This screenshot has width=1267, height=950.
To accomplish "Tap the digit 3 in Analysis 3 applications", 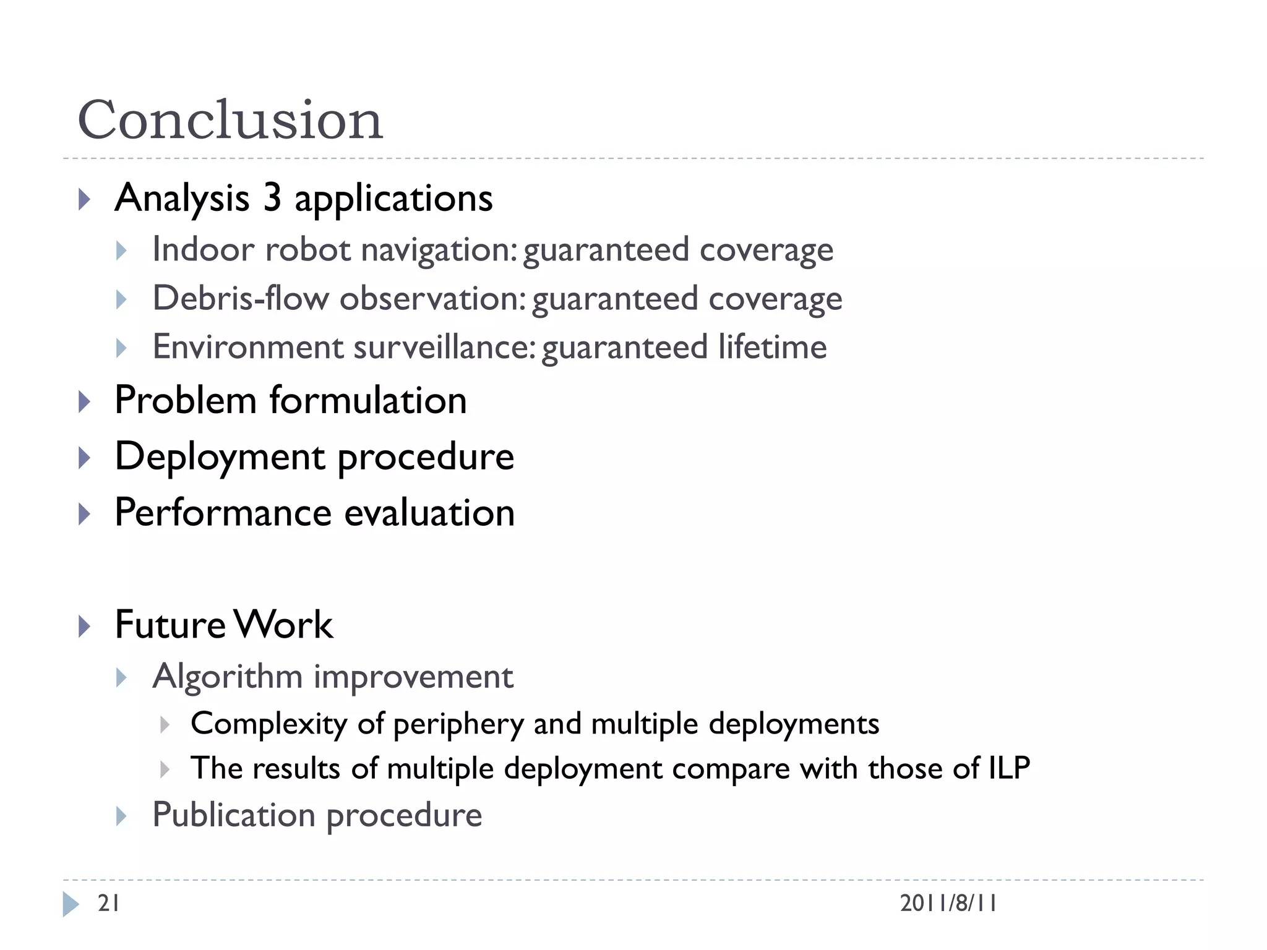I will tap(272, 198).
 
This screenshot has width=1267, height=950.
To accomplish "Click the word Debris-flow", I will tap(241, 298).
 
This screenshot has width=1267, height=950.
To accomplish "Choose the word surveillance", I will tap(444, 346).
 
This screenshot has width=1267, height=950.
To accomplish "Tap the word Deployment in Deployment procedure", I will tap(220, 458).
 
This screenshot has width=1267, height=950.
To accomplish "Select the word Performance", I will tap(223, 513).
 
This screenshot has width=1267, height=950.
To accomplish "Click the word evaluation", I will tap(429, 513).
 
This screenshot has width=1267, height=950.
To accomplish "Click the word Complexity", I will tap(269, 724).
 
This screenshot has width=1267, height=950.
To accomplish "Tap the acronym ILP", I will tap(1010, 768).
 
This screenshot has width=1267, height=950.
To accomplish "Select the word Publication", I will tap(234, 815).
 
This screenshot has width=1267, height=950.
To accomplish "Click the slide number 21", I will tap(109, 904).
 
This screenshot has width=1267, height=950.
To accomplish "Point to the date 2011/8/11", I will tap(948, 904).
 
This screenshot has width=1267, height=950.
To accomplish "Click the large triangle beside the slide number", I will tap(71, 904).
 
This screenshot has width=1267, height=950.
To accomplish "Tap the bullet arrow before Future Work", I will tap(85, 627).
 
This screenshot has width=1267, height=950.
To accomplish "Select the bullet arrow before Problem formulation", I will tap(85, 402).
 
